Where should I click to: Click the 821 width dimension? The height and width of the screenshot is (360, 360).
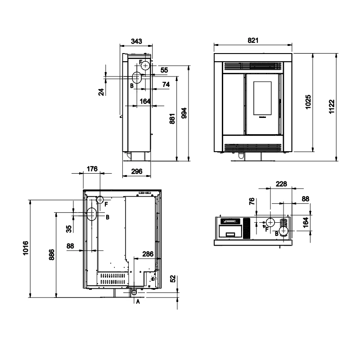[x=253, y=40]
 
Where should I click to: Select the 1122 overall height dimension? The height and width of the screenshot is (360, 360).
[x=332, y=107]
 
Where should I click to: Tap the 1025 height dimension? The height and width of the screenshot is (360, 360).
[x=308, y=102]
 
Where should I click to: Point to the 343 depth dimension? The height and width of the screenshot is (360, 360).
[x=136, y=41]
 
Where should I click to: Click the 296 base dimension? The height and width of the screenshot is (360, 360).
[x=137, y=171]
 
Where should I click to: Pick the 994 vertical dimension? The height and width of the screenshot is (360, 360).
[x=184, y=113]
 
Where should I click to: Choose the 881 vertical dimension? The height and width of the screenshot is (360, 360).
[x=172, y=119]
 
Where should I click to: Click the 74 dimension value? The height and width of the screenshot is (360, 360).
[x=166, y=85]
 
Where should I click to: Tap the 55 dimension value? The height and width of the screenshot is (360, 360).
[x=164, y=70]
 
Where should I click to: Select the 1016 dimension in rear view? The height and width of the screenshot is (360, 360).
[x=26, y=248]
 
